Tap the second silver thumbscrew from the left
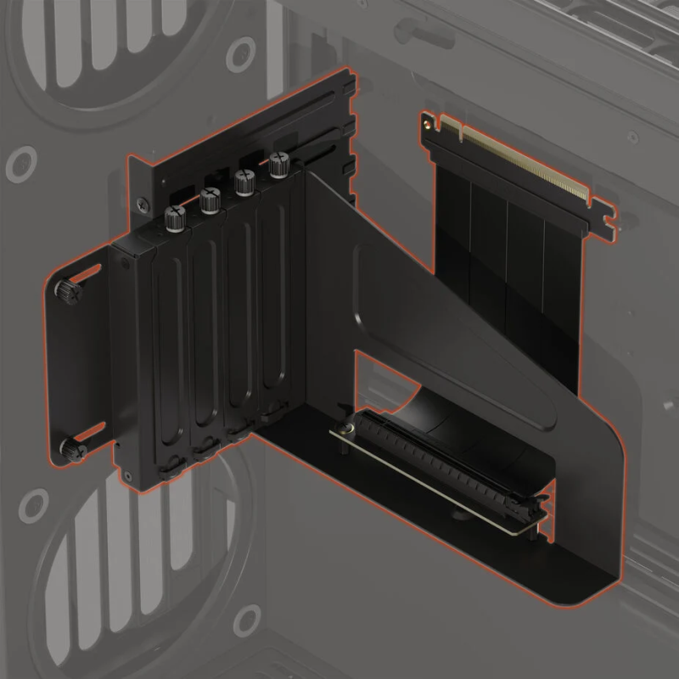[x=210, y=201]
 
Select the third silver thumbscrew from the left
[x=244, y=182]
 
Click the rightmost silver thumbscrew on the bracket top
[x=278, y=165]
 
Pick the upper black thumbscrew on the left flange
[x=68, y=291]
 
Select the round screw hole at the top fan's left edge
[x=21, y=164]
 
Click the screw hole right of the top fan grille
[x=240, y=53]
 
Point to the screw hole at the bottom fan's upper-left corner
[x=33, y=508]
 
